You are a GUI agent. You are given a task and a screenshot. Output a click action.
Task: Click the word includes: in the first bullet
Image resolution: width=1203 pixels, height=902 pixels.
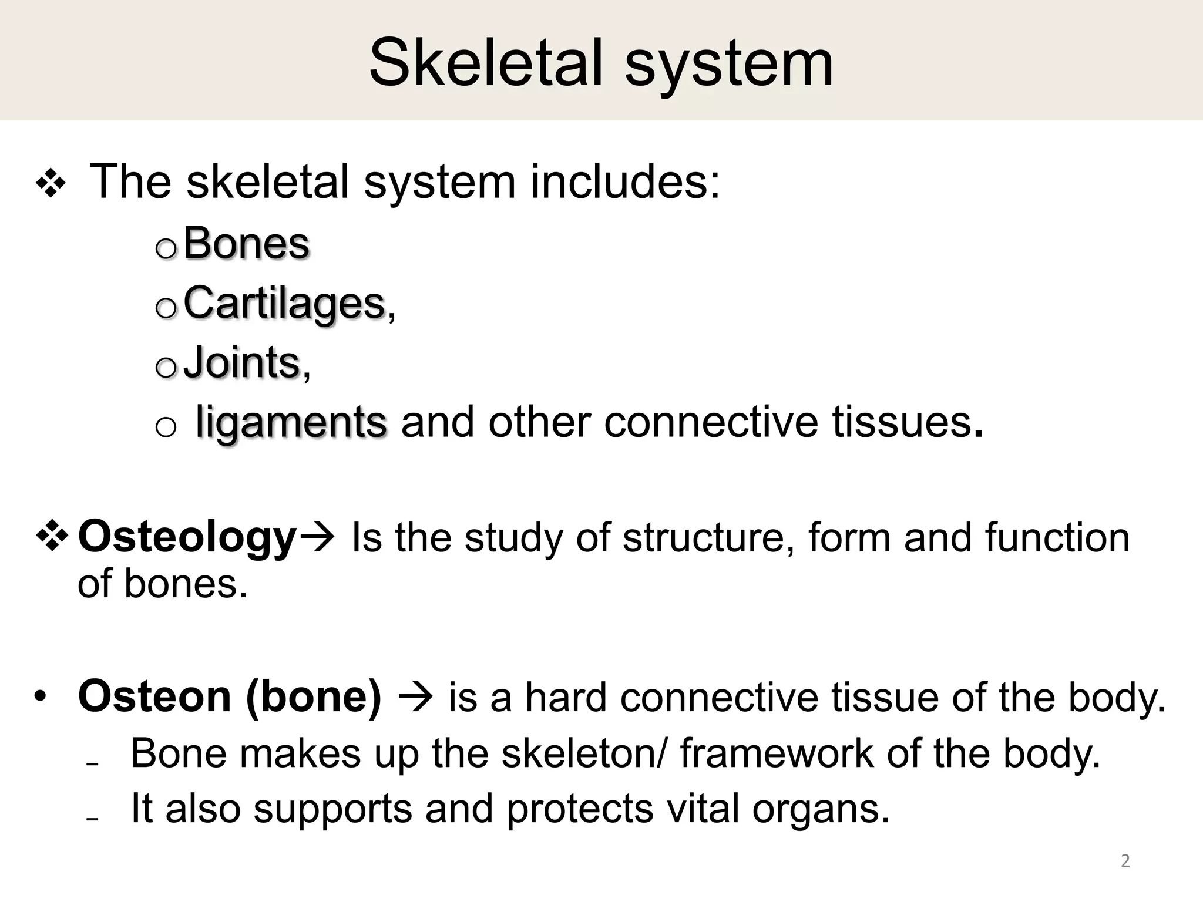click(x=625, y=181)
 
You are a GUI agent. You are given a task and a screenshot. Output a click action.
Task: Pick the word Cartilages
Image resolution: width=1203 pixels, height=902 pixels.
click(x=284, y=303)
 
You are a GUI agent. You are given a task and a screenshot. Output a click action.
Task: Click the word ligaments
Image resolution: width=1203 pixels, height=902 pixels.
click(x=291, y=422)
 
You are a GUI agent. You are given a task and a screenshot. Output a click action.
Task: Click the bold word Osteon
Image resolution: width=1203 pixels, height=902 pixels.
click(x=154, y=696)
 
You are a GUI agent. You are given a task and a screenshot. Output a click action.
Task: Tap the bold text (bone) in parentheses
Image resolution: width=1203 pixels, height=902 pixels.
click(x=314, y=696)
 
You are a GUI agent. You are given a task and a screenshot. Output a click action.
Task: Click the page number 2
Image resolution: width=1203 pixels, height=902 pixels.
click(x=1125, y=861)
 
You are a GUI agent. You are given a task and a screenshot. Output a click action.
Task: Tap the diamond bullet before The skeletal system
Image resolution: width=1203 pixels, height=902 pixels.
click(x=51, y=184)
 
